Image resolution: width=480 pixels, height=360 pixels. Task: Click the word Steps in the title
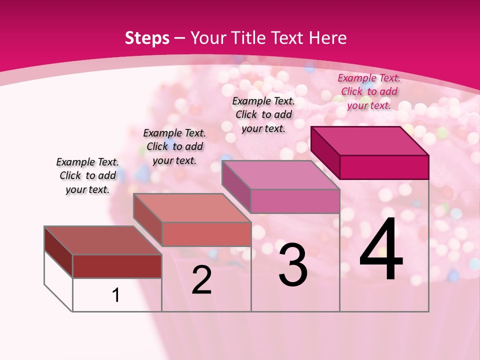point(147,38)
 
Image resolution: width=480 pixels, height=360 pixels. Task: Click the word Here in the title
point(327,38)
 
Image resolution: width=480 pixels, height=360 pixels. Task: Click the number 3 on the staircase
point(293,265)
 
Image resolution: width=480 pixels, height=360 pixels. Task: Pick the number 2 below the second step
point(201,280)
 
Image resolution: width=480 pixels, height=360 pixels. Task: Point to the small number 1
point(116,295)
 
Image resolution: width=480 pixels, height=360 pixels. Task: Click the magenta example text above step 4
point(369,91)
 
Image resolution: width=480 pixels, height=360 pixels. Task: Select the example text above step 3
point(263,114)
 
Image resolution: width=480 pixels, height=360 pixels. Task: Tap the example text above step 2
point(174,146)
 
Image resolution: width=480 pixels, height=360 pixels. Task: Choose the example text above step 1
point(87,175)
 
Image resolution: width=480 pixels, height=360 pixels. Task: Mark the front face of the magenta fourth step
point(384,167)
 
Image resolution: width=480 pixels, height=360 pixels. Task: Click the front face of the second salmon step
point(206,234)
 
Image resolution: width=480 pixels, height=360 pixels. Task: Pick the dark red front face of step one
point(117,266)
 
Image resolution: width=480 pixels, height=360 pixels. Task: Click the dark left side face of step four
point(325,152)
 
